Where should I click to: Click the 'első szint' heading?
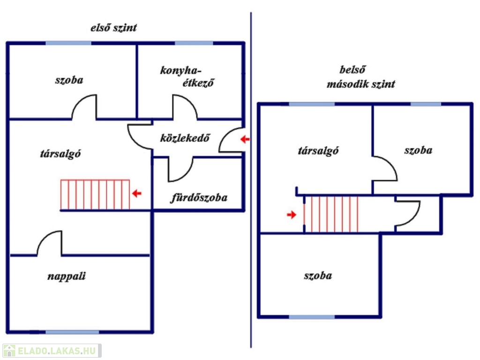pyautogui.click(x=113, y=28)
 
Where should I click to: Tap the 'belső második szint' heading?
pyautogui.click(x=360, y=77)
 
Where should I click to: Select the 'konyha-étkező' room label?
pyautogui.click(x=187, y=76)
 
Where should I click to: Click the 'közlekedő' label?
pyautogui.click(x=185, y=138)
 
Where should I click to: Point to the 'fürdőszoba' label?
pyautogui.click(x=199, y=198)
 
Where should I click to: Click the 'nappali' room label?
pyautogui.click(x=67, y=276)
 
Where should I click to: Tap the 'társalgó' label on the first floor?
pyautogui.click(x=60, y=153)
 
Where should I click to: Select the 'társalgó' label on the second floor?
pyautogui.click(x=318, y=150)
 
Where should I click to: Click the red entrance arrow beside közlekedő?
pyautogui.click(x=245, y=139)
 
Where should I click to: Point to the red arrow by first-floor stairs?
pyautogui.click(x=137, y=193)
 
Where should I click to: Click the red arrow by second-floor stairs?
pyautogui.click(x=292, y=215)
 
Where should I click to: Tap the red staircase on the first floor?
pyautogui.click(x=95, y=195)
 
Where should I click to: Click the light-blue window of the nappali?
pyautogui.click(x=72, y=332)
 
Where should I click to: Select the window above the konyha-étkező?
pyautogui.click(x=194, y=43)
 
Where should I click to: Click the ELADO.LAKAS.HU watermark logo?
pyautogui.click(x=52, y=351)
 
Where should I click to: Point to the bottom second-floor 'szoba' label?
pyautogui.click(x=318, y=276)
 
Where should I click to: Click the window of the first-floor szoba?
pyautogui.click(x=68, y=43)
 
